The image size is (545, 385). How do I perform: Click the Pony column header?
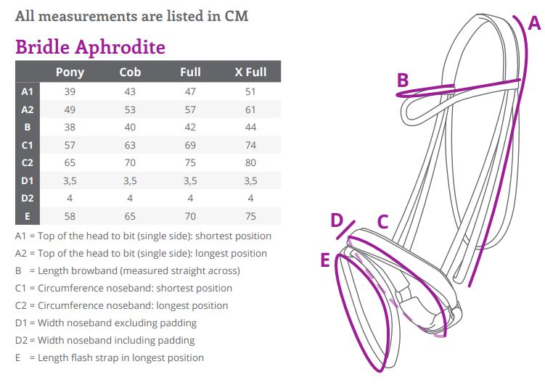coord(70,73)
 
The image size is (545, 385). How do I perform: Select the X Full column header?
coord(250,72)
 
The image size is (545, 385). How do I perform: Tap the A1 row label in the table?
coord(27,91)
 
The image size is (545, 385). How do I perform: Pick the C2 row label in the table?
coord(27,163)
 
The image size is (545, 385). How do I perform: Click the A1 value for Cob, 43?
coord(130,91)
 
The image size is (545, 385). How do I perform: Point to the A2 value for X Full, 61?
coord(250,109)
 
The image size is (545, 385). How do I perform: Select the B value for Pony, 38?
coord(70,127)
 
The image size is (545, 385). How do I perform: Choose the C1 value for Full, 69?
coord(190,145)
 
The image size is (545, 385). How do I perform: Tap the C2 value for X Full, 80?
coord(250,163)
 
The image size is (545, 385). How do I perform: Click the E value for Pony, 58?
coord(70,216)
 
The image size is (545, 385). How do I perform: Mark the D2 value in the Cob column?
coord(130,198)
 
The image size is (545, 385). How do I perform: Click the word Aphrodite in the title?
coord(120,47)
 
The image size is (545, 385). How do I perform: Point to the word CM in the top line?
coord(237,16)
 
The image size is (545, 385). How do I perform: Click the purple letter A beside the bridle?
coord(534,23)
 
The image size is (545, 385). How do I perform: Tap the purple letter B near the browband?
coord(403,80)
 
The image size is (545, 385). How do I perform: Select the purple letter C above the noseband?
coord(382,221)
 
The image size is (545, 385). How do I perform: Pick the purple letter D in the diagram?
coord(337,220)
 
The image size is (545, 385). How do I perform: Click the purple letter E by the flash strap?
coord(325,260)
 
